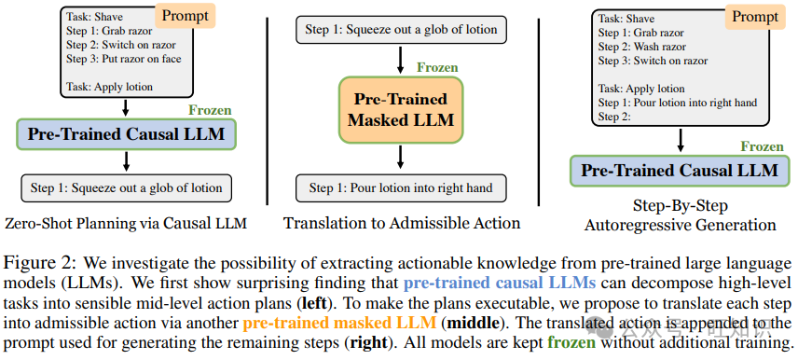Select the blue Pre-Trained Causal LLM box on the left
126,133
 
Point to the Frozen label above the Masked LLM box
437,67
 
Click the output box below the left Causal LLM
126,187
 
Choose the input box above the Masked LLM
401,30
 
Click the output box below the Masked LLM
401,187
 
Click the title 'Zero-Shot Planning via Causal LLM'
126,223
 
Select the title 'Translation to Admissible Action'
402,223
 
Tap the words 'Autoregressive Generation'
680,225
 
